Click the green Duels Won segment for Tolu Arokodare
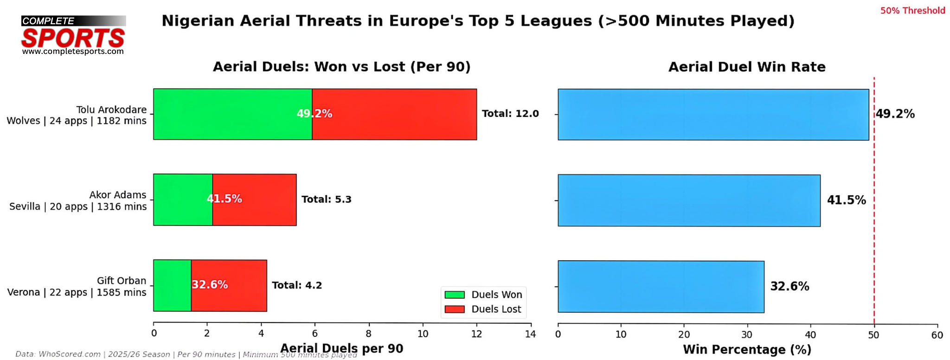click(x=232, y=114)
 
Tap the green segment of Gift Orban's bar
click(x=172, y=285)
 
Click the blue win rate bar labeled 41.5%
click(x=689, y=200)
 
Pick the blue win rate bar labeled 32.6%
click(x=661, y=287)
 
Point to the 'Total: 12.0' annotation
click(x=510, y=114)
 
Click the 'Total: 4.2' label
click(x=297, y=285)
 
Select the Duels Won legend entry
click(x=483, y=295)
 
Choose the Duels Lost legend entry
click(x=483, y=309)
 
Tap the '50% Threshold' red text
click(x=912, y=11)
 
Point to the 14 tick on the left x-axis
click(x=531, y=334)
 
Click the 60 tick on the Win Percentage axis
click(x=937, y=335)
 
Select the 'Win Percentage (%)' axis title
click(x=747, y=350)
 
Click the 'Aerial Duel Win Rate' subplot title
click(x=747, y=67)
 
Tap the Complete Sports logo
click(x=73, y=35)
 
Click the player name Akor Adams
click(x=118, y=195)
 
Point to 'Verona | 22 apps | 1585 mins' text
click(x=77, y=292)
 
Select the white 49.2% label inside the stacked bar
click(x=315, y=114)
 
